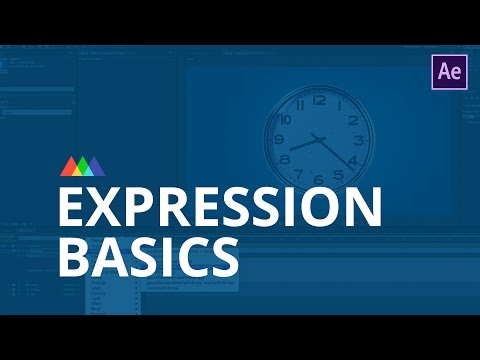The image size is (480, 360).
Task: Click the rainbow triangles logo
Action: click(83, 165)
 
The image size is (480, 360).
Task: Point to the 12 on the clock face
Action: click(320, 100)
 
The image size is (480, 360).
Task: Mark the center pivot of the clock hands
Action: click(319, 138)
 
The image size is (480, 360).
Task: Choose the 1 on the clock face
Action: click(338, 105)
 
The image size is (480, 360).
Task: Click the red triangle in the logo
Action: click(67, 166)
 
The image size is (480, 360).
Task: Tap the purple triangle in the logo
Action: click(98, 166)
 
